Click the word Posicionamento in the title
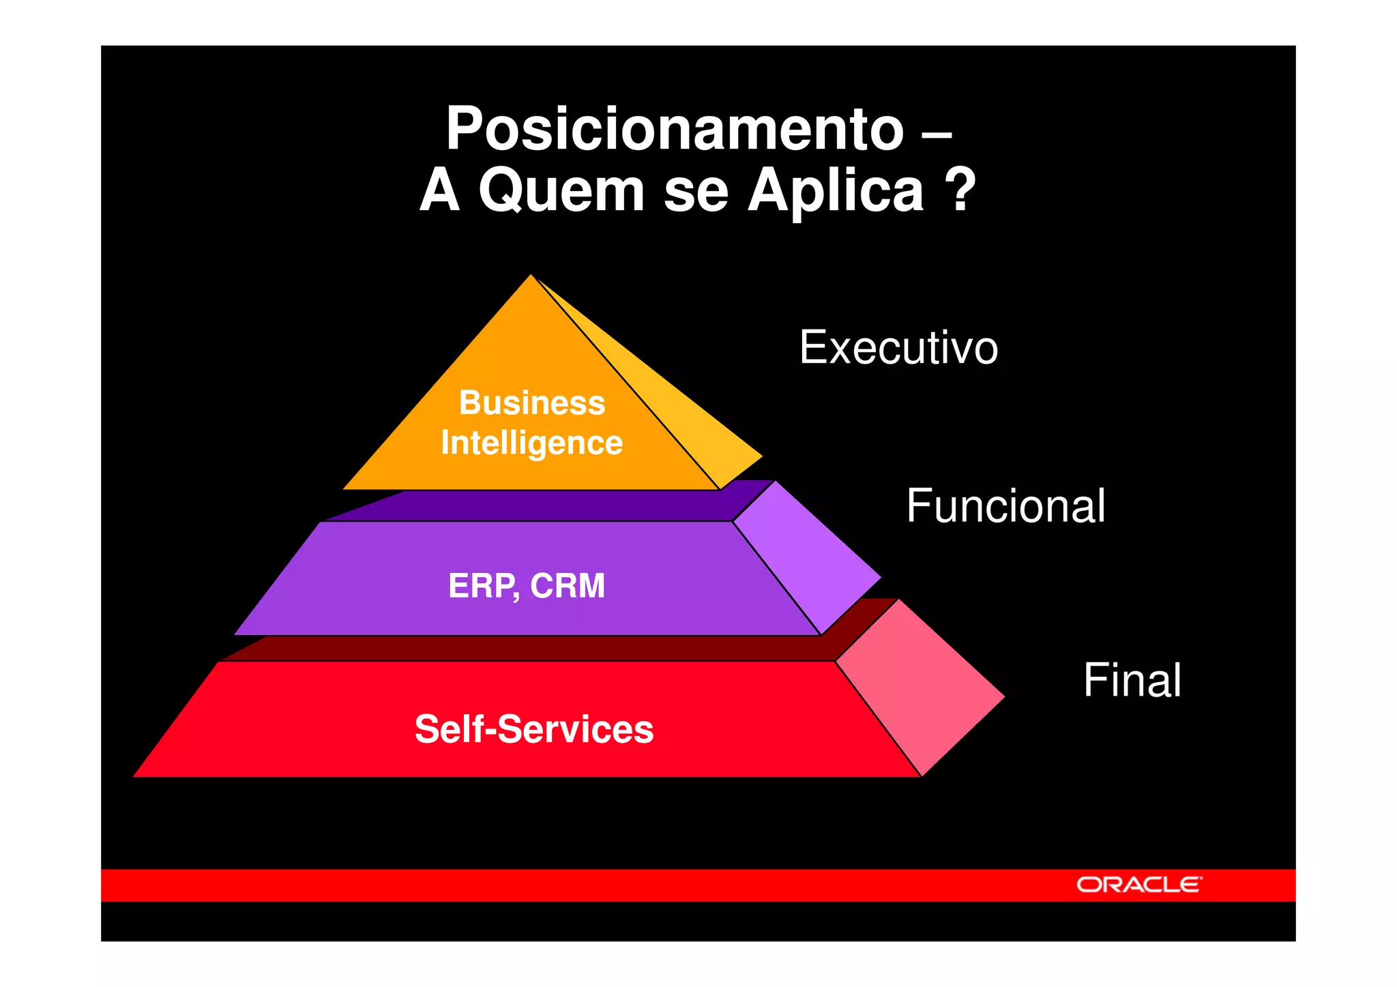click(675, 130)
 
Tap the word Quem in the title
click(561, 191)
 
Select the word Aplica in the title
click(836, 191)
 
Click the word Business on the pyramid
click(532, 402)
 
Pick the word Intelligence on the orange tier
click(532, 443)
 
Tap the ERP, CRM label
click(527, 586)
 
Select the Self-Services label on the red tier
click(534, 728)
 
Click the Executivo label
click(898, 348)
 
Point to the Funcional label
click(1005, 506)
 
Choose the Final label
click(1132, 680)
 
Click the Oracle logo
click(1139, 885)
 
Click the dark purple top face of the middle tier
click(546, 505)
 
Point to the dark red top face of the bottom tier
click(546, 648)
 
